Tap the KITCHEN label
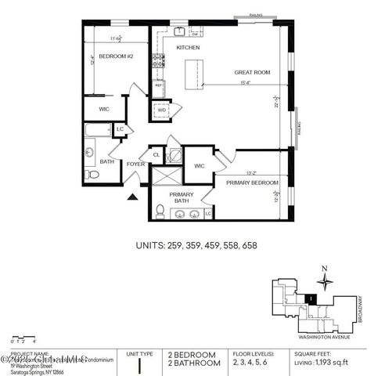click(188, 48)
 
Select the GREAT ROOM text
click(252, 72)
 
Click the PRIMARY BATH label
click(182, 197)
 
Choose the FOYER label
click(135, 164)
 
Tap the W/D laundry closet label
click(162, 110)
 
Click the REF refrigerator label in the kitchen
click(157, 85)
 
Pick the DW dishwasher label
click(195, 34)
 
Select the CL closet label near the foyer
click(156, 155)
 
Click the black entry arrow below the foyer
click(132, 198)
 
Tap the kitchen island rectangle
click(189, 75)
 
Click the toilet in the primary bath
click(160, 210)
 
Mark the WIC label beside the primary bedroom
click(199, 165)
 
